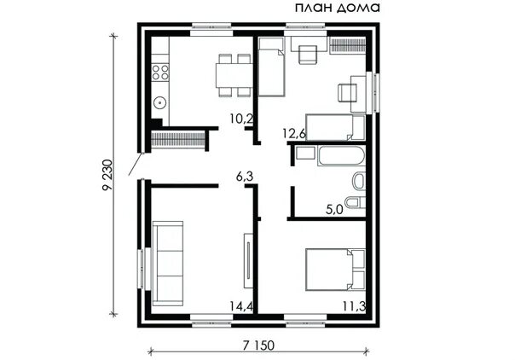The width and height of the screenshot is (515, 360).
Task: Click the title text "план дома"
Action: coord(338,8)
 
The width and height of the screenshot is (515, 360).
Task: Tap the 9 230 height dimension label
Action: coord(107,175)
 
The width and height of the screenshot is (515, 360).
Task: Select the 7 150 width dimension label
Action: coord(258,345)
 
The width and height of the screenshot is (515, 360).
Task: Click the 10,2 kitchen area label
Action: coord(241,119)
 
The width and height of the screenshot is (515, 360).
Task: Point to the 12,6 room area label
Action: coord(294,134)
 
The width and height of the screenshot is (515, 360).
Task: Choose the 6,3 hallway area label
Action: coord(245,177)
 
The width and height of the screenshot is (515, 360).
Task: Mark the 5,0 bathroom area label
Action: coord(334,209)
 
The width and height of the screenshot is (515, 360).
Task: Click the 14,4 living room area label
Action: coord(241,306)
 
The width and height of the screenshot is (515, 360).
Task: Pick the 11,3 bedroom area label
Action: coord(355,306)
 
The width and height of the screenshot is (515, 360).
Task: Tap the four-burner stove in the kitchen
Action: coord(160,73)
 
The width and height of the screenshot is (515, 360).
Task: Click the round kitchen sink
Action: coord(160,103)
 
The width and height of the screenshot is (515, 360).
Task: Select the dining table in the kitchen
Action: coord(234,75)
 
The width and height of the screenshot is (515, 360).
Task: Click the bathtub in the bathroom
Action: coord(340,156)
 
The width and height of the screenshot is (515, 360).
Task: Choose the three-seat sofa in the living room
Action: coord(168,264)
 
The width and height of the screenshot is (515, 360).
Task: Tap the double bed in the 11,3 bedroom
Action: coord(335,270)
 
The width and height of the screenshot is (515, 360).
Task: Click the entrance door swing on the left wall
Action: coord(135,165)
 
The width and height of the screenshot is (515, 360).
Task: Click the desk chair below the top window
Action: coord(308,55)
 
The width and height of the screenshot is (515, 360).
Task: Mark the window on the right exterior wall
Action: coord(374,93)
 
